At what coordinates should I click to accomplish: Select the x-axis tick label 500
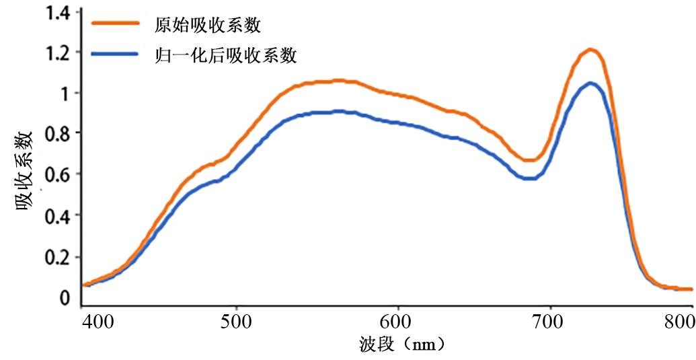[x=237, y=320]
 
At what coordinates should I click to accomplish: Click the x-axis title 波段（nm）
[x=402, y=345]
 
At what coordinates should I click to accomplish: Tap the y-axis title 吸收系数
[x=26, y=172]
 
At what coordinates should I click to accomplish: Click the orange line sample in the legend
[x=115, y=24]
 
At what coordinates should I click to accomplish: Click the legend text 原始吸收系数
[x=207, y=26]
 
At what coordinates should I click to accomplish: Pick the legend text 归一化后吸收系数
[x=225, y=55]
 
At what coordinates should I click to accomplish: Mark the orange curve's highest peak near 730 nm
[x=590, y=49]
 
